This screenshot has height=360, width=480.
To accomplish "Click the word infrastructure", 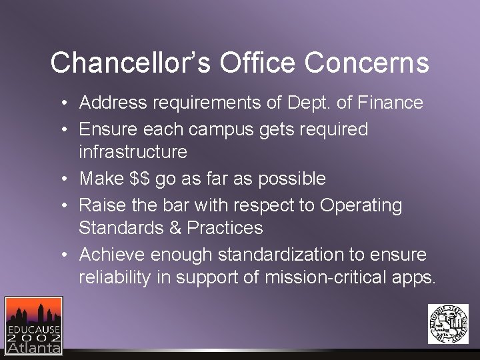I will pos(133,152).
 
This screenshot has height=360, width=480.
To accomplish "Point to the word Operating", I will pos(361,205).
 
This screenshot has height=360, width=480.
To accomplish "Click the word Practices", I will pos(225,228).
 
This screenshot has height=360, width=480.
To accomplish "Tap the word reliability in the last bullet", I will pos(115,277).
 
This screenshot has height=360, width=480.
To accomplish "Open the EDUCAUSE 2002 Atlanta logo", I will pos(33,325).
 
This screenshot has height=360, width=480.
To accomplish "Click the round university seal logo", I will pos(448,324).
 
